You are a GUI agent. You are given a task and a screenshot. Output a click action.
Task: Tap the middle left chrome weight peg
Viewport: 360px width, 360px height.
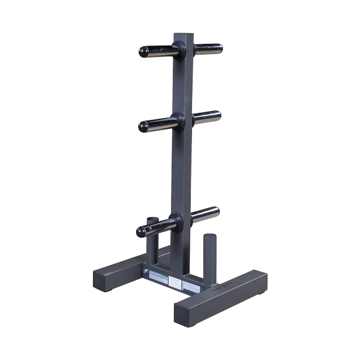click(159, 124)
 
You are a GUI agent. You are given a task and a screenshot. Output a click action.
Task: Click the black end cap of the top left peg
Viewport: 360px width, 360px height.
click(144, 52)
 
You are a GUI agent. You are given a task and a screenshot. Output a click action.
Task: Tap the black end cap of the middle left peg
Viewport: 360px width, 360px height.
click(143, 126)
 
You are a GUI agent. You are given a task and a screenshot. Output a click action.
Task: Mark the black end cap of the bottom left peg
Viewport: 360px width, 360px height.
click(141, 231)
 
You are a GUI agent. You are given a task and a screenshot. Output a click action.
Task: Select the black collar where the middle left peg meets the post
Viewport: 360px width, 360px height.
click(176, 119)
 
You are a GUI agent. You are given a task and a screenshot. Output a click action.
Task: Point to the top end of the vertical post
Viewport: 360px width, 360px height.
click(183, 35)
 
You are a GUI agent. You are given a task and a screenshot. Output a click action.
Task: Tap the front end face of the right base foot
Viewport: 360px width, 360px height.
click(189, 313)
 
